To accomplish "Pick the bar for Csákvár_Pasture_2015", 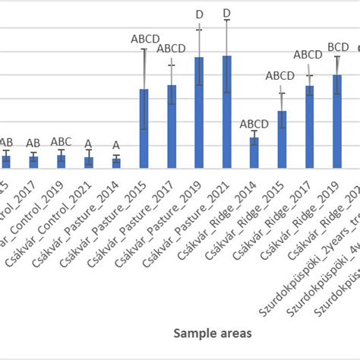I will pos(144,128).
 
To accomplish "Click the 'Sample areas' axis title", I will pos(207,332).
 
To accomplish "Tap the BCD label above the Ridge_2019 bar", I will pos(338,47).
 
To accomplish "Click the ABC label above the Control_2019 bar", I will pos(62,141).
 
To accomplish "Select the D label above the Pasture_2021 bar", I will pos(226,13).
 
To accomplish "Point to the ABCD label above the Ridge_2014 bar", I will pos(254,124).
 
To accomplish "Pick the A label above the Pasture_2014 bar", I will pos(116,145).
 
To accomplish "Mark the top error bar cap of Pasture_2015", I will pos(144,49).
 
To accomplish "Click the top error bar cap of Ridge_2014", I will pos(254,131).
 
